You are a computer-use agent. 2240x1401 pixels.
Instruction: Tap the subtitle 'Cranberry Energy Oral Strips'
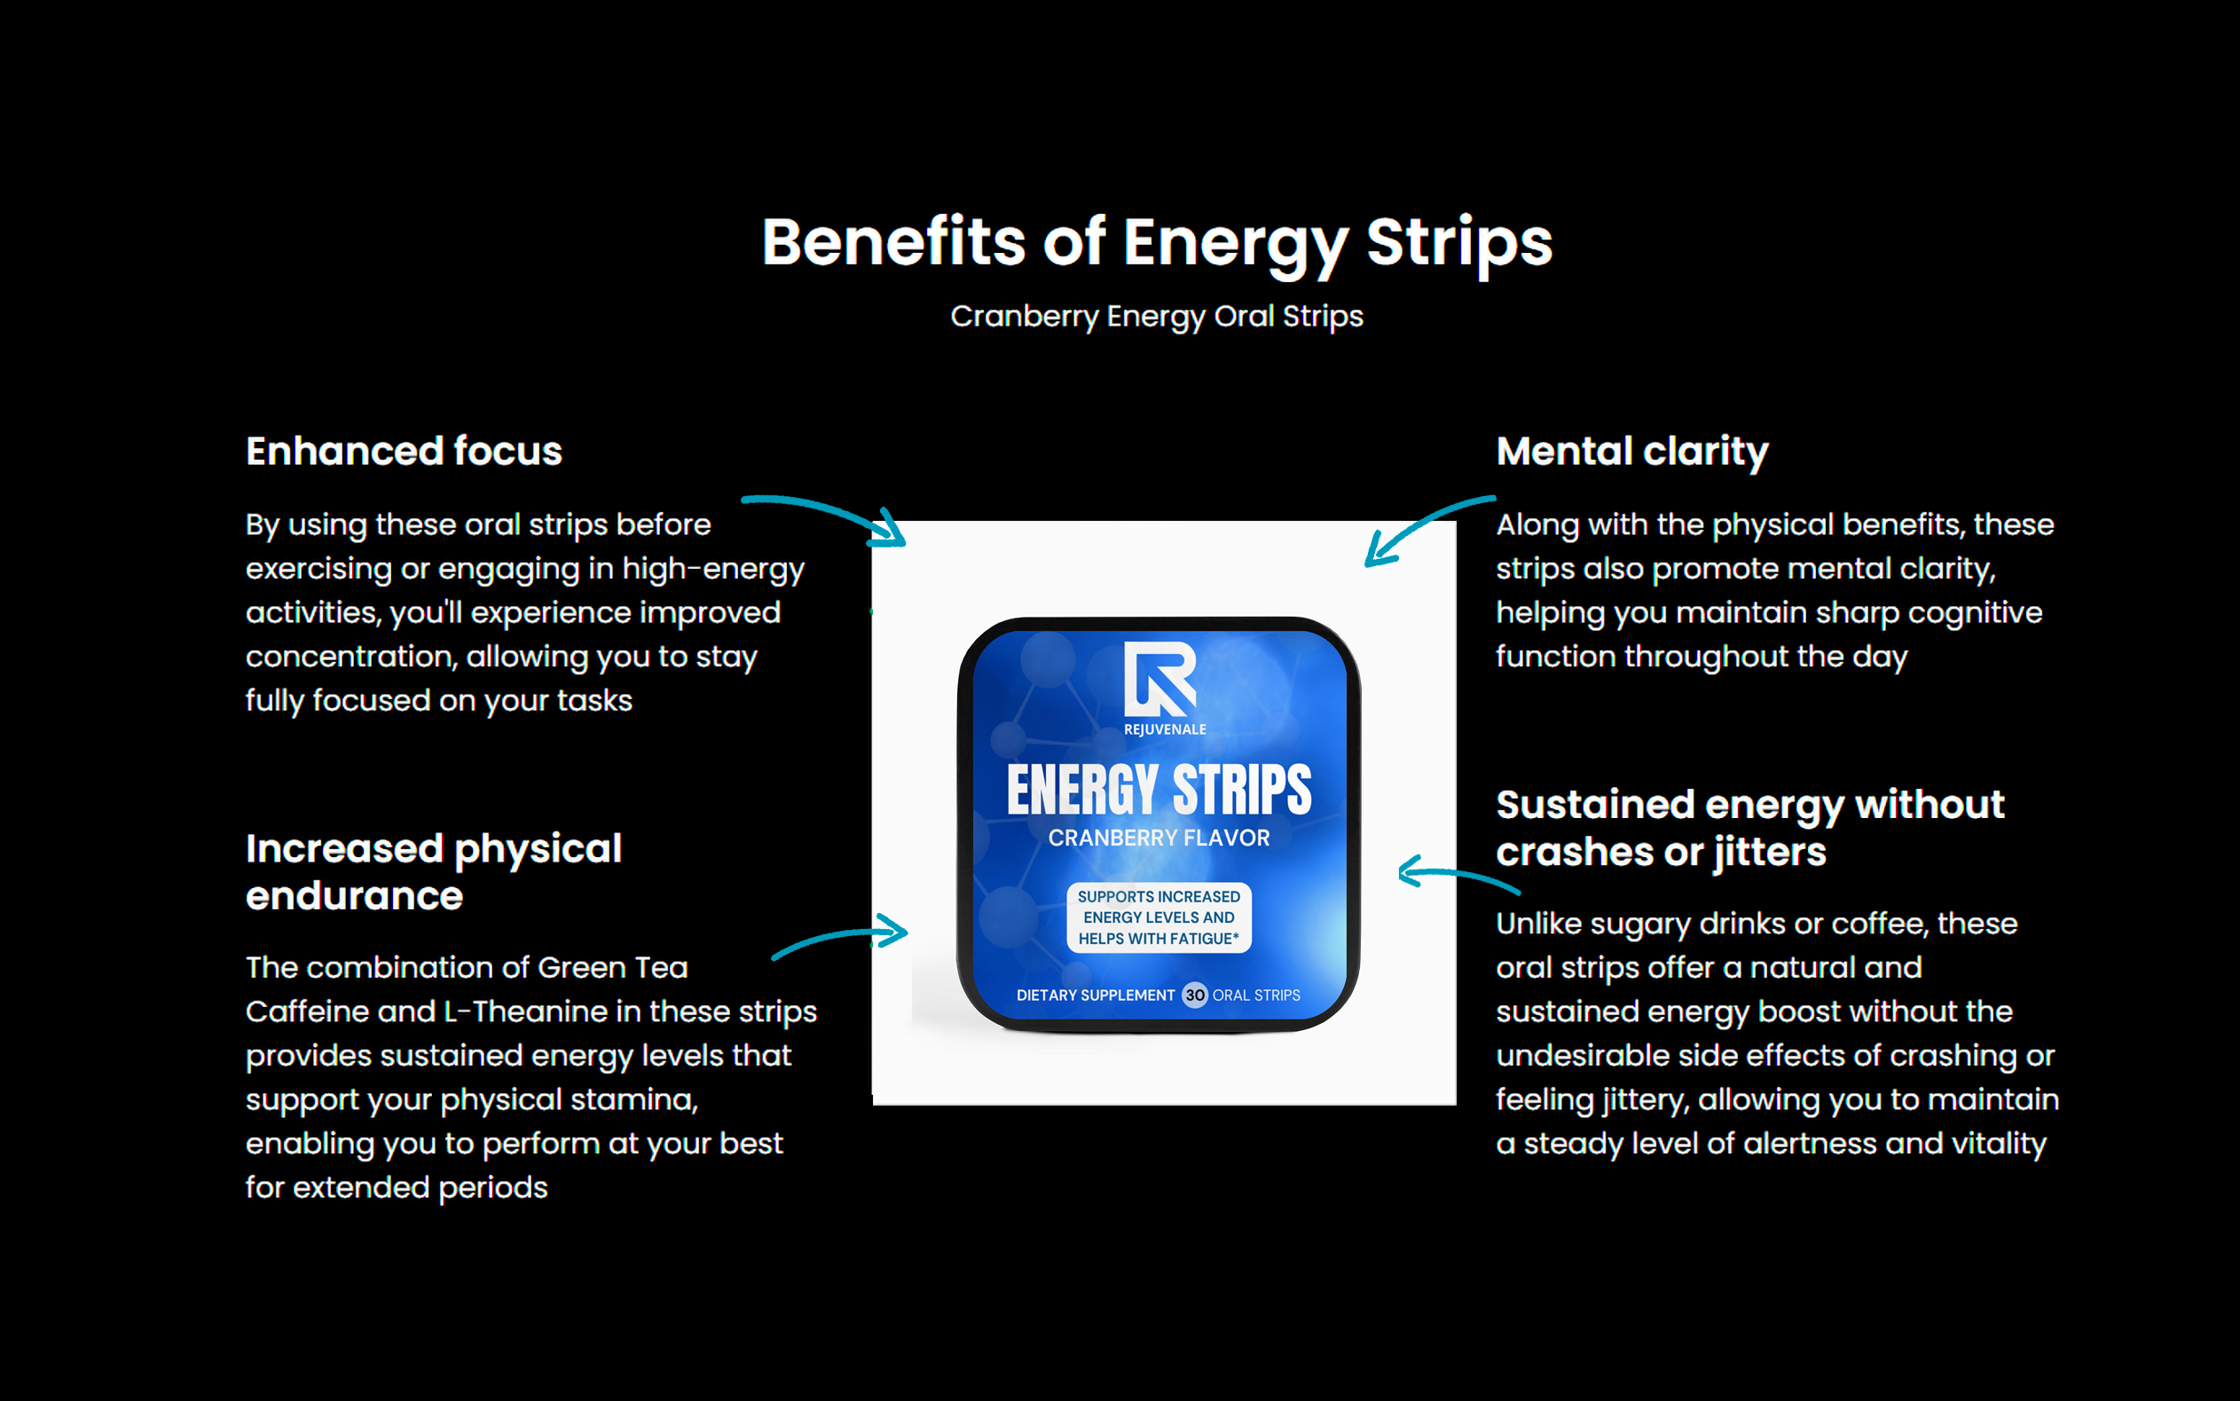[1157, 317]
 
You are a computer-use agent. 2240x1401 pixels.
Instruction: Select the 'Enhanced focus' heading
[404, 452]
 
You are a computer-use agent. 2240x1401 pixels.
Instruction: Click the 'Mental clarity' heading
[1632, 453]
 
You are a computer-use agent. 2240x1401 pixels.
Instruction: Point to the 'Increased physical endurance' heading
[434, 872]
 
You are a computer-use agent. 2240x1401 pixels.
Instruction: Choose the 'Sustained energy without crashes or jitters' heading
[1750, 828]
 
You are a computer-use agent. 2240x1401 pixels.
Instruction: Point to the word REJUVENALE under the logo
[1165, 729]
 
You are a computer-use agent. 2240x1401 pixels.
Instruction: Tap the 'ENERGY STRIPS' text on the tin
[1159, 791]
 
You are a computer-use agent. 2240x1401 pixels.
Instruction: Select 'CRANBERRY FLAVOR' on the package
[1159, 838]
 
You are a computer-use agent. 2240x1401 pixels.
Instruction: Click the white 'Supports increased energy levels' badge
[1159, 917]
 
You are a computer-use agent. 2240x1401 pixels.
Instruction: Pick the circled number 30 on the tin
[1195, 996]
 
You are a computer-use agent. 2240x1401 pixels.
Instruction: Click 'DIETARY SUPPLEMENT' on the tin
[1095, 996]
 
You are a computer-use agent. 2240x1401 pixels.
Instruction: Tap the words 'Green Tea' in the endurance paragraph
[612, 967]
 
